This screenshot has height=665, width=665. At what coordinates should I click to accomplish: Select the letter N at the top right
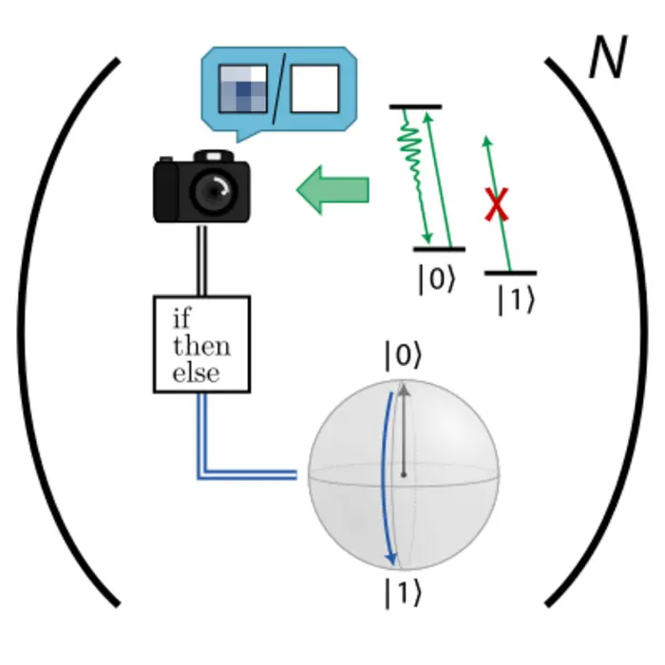tap(606, 61)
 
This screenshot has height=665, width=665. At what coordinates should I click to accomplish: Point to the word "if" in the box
tap(181, 317)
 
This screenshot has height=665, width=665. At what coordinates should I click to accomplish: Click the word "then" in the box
tap(200, 345)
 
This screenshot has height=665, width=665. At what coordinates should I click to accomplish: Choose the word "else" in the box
tap(196, 372)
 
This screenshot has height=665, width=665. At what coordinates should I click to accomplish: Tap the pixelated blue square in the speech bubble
tap(242, 93)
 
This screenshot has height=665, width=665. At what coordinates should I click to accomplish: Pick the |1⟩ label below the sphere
tap(401, 593)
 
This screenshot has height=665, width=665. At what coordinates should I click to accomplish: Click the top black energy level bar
tap(415, 106)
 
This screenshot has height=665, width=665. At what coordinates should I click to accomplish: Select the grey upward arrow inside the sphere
tap(404, 427)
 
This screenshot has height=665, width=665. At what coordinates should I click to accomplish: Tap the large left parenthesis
tap(57, 332)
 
